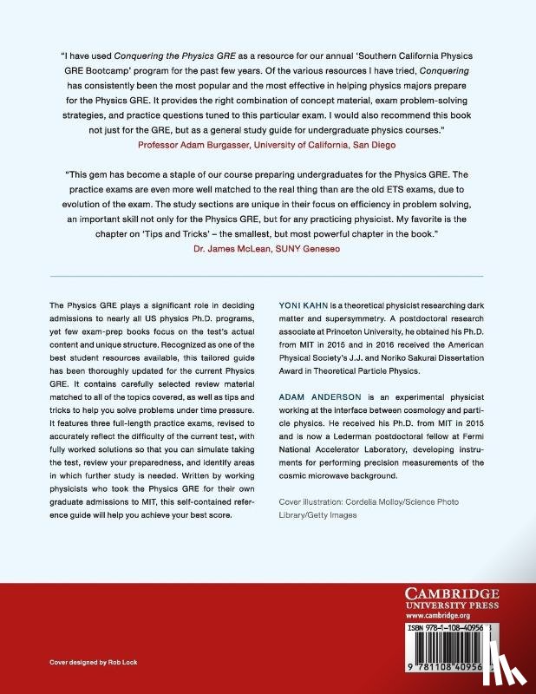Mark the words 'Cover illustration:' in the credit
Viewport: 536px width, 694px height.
click(311, 503)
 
